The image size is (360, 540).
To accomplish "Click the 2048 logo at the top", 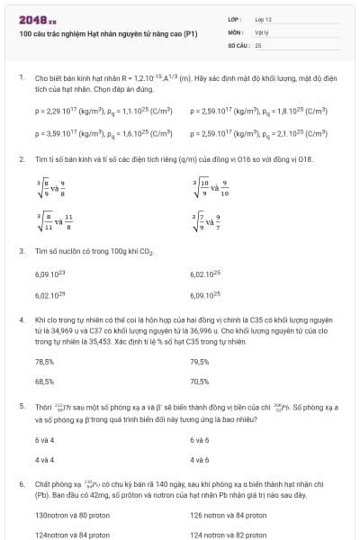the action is click(37, 20).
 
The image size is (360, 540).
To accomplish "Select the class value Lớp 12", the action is click(263, 18).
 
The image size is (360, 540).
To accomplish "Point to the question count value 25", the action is click(258, 43).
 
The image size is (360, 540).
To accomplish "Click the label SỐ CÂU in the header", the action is click(238, 43).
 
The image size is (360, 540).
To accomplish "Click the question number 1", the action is click(21, 78).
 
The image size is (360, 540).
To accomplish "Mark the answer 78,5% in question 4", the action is click(44, 361).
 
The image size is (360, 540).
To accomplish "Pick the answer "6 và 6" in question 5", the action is click(200, 439).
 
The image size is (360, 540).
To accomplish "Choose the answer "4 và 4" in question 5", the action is click(44, 460).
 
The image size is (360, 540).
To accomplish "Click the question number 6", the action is click(21, 483).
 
